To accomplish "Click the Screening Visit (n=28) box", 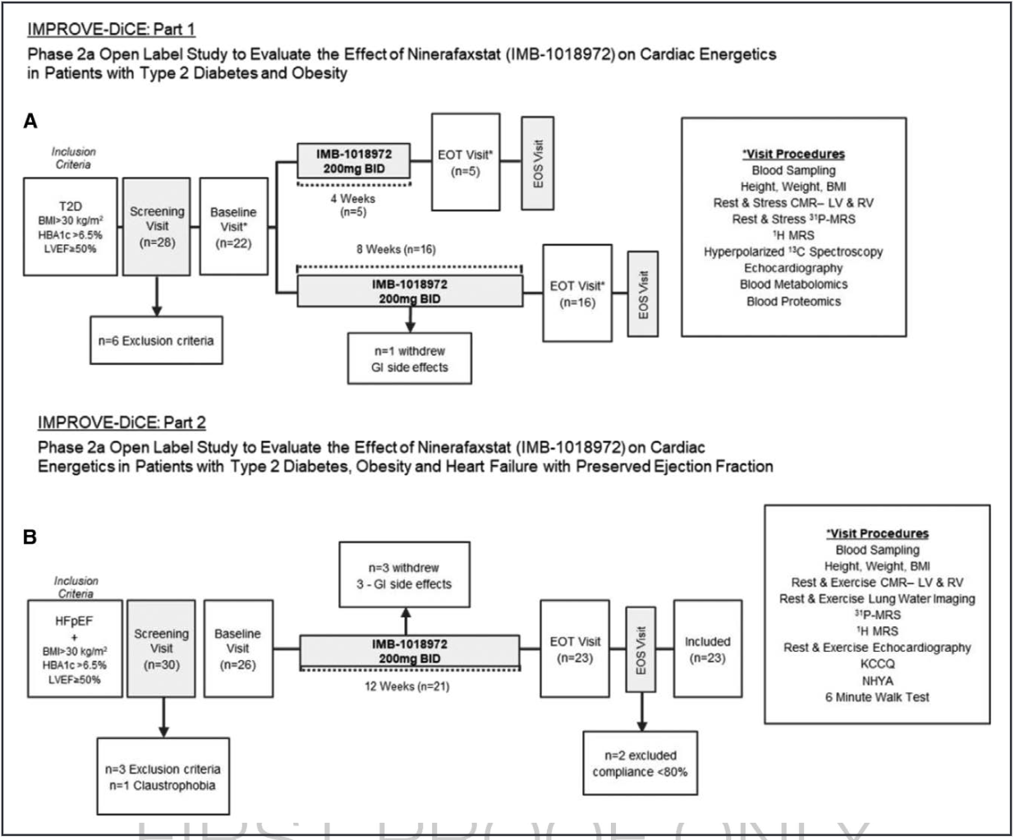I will [157, 226].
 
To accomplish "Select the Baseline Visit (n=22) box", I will [233, 227].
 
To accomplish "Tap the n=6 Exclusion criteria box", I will [156, 339].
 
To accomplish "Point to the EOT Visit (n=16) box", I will [577, 293].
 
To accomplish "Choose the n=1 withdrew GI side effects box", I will [410, 358].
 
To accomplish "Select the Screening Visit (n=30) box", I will [161, 648].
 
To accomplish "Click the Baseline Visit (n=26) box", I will [237, 648].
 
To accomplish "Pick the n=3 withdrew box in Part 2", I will [404, 575].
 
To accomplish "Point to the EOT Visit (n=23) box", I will [575, 649].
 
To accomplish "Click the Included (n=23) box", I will [707, 649].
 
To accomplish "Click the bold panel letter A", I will [30, 122].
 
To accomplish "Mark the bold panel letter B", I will [30, 538].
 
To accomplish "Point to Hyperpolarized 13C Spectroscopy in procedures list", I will [793, 252].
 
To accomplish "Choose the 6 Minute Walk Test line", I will [877, 696].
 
